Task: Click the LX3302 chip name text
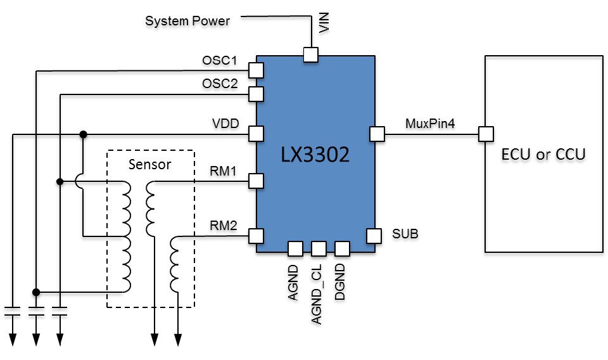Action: pos(315,155)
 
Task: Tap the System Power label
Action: pos(187,21)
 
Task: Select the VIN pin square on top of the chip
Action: pos(310,55)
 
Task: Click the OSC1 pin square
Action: pos(256,70)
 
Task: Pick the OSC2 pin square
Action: pos(256,94)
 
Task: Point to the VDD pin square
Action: pos(256,134)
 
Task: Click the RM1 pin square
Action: pos(256,181)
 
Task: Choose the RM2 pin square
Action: pos(256,236)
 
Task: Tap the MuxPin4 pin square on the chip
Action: pos(377,134)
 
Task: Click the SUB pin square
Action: pos(374,236)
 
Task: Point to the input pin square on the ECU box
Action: pos(486,134)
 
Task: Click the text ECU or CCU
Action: pos(543,154)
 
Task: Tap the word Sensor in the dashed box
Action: pos(149,165)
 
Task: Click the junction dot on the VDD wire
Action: pos(83,134)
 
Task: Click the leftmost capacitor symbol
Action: pos(12,312)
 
